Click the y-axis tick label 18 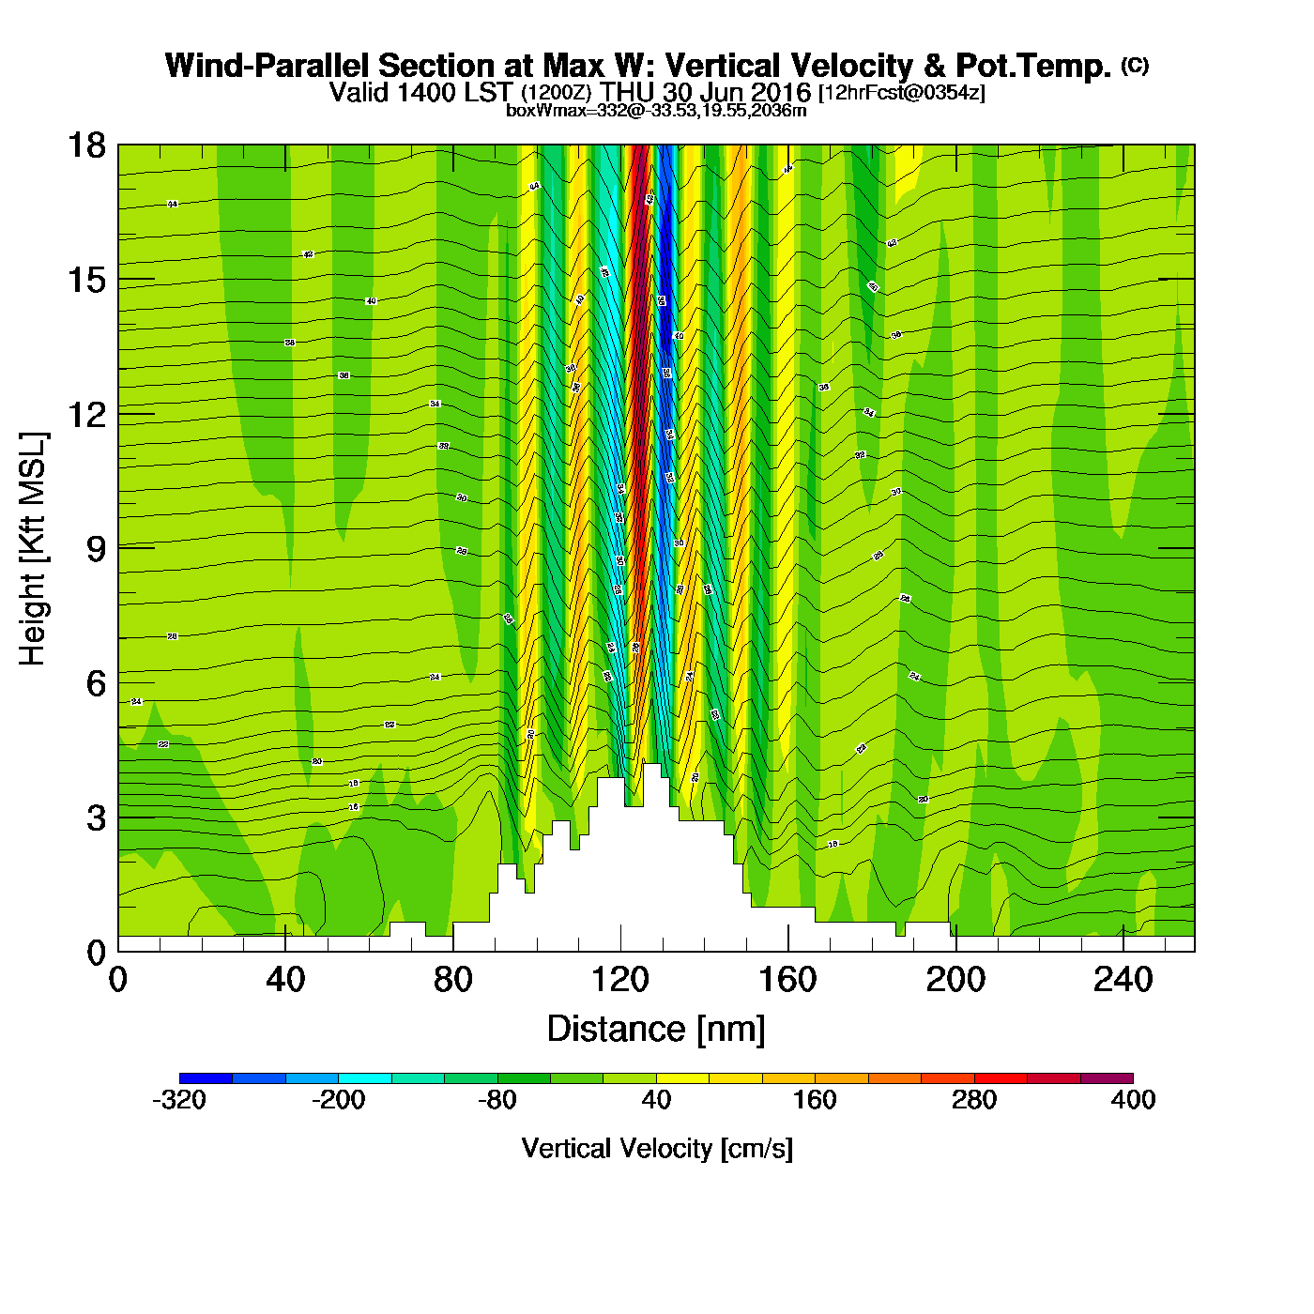tap(84, 145)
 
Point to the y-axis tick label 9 tap(96, 549)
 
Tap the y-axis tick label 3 tap(96, 818)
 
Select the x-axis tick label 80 tap(452, 980)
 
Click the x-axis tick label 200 tap(955, 980)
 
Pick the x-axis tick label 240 tap(1123, 980)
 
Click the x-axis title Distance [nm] tap(656, 1030)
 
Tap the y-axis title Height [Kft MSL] tap(33, 549)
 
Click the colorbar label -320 tap(179, 1100)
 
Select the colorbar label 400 tap(1133, 1100)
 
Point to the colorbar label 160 tap(815, 1100)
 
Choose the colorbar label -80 tap(497, 1100)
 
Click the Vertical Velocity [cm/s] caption tap(656, 1149)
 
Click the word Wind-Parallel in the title tap(267, 66)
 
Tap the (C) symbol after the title tap(1135, 65)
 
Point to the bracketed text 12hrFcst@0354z tap(902, 93)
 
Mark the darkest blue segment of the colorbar tap(206, 1078)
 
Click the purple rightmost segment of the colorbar tap(1107, 1078)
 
